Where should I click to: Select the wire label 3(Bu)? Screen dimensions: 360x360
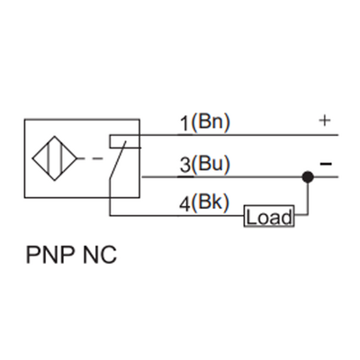tap(204, 165)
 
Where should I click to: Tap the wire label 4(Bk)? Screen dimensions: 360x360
tap(204, 204)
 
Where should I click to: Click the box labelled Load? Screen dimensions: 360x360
tap(269, 217)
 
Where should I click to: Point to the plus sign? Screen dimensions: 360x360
tap(324, 120)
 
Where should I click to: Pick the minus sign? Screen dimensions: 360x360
tap(325, 164)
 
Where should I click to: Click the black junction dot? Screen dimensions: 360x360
tap(308, 176)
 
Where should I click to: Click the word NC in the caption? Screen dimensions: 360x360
tap(100, 256)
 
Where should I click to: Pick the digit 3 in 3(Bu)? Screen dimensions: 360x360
tap(184, 165)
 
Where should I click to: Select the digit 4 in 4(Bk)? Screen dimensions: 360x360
tap(183, 204)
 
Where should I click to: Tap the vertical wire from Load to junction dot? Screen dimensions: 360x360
tap(308, 198)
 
